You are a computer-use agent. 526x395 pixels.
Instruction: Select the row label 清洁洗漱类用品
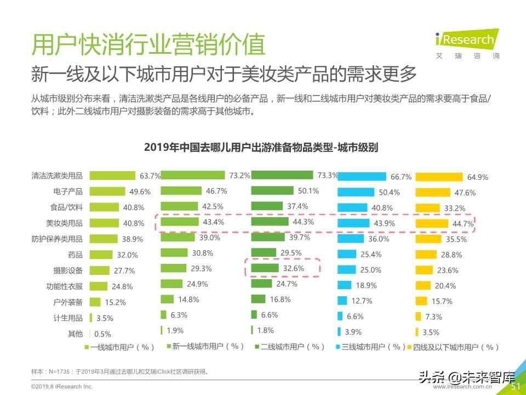coord(57,176)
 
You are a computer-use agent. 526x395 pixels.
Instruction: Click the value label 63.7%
coord(150,176)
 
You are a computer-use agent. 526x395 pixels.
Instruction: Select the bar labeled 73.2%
coord(193,175)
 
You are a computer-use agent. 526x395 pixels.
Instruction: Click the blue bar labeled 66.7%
coord(362,176)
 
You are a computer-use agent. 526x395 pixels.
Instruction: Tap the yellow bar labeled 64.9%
coord(439,177)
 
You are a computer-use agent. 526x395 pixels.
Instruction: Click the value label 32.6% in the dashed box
coord(293,269)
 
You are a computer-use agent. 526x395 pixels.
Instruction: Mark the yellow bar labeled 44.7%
coord(432,223)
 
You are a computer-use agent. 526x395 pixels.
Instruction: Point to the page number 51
coord(515,386)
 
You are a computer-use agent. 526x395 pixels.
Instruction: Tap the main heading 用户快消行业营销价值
coord(148,45)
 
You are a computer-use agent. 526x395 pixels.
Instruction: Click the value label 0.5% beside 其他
coord(102,334)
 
